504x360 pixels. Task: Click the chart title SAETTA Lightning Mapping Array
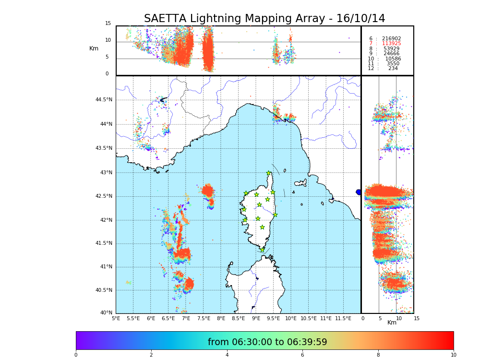(x=264, y=19)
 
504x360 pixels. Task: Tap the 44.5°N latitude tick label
(x=104, y=100)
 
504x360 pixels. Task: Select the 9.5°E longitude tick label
(x=273, y=319)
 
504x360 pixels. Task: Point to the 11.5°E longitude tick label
(x=343, y=319)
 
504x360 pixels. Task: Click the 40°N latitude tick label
(x=106, y=313)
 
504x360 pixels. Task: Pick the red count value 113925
(x=391, y=44)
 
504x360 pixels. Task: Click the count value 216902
(x=391, y=39)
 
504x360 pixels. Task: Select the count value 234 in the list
(x=393, y=69)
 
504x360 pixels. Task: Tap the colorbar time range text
(x=267, y=342)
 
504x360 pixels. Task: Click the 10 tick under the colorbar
(x=453, y=355)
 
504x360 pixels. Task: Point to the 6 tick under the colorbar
(x=302, y=355)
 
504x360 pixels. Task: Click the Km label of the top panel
(x=94, y=48)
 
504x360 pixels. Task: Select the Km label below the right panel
(x=392, y=323)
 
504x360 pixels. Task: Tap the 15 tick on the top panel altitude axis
(x=108, y=24)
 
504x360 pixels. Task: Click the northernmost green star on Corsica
(x=269, y=173)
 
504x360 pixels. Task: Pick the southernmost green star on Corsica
(x=262, y=250)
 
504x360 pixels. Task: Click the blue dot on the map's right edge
(x=359, y=192)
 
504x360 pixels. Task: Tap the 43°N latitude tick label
(x=106, y=173)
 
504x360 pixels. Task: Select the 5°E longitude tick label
(x=116, y=319)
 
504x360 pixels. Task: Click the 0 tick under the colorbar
(x=76, y=355)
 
